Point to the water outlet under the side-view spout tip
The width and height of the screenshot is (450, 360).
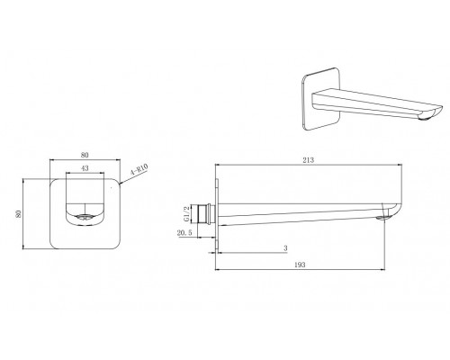[385, 217]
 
